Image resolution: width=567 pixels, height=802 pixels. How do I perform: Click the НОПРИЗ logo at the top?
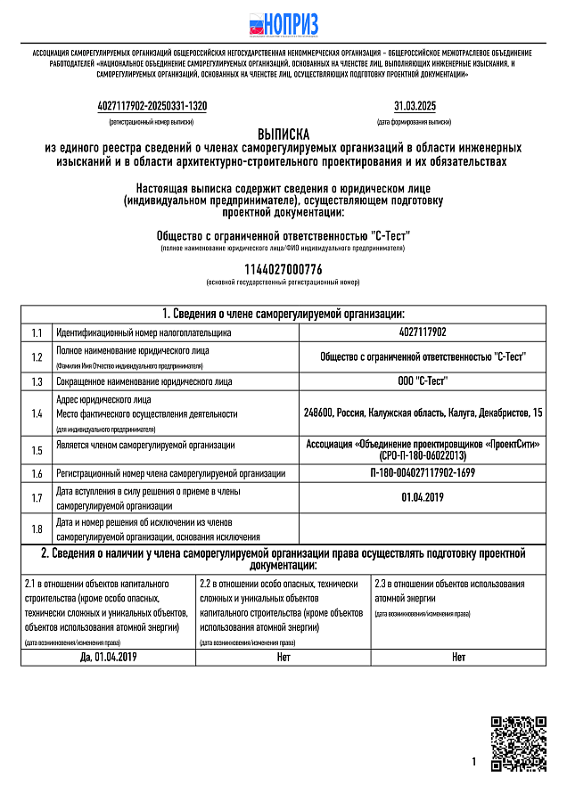(283, 24)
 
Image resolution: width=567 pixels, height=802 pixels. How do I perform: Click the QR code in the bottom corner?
(519, 742)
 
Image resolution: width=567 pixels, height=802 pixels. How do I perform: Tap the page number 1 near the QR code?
(474, 762)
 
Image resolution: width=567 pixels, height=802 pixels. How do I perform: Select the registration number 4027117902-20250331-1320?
(152, 106)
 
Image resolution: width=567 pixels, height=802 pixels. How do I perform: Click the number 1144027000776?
(283, 269)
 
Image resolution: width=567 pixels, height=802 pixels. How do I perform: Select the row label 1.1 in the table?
(37, 332)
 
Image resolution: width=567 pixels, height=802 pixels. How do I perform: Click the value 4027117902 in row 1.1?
(423, 332)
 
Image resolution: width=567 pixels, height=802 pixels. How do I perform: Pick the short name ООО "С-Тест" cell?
(423, 381)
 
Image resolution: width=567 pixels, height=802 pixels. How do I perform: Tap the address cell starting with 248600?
(423, 413)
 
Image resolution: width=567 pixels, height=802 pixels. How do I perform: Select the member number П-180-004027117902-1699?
(423, 473)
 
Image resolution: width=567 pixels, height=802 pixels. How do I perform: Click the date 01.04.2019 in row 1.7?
(423, 497)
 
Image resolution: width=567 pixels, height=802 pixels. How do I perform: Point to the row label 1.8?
(37, 529)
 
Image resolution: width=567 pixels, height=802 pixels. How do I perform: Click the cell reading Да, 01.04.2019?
(108, 657)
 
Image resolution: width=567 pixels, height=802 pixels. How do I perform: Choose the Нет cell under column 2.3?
(458, 657)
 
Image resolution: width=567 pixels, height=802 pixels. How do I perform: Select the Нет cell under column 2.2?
(283, 657)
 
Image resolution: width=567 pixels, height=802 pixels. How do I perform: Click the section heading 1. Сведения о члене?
(283, 314)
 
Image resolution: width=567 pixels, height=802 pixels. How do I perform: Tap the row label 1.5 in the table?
(37, 450)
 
